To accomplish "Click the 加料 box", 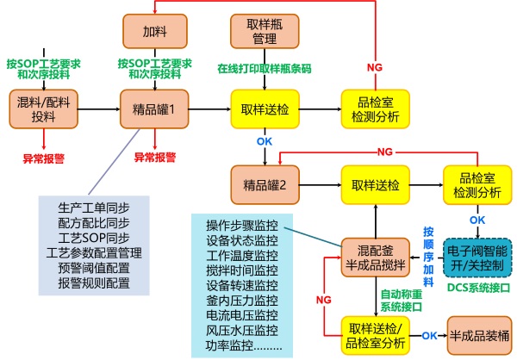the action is (155, 31).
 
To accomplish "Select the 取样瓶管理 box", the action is (265, 31).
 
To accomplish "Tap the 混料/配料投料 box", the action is (44, 109).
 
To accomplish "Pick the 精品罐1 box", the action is (154, 109).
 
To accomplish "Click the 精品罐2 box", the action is (265, 185).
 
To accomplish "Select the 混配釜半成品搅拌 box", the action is (375, 258).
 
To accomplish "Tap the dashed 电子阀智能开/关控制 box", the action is (477, 258).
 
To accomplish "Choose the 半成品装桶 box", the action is (479, 336).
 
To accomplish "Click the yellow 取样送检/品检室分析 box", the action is (375, 336).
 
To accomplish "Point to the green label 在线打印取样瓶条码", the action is (265, 69).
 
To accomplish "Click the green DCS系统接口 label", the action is (478, 288).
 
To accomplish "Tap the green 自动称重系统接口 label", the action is (402, 301).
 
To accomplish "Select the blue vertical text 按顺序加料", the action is (428, 257).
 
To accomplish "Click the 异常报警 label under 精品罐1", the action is (154, 158).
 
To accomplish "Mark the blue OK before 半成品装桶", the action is (429, 336).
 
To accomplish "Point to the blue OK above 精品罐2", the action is (265, 141).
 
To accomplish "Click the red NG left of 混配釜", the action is (323, 300).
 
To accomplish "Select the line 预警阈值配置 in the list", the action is (94, 268).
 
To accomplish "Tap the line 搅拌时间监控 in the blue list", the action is (242, 270).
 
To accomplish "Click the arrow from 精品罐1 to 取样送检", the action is (209, 109).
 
